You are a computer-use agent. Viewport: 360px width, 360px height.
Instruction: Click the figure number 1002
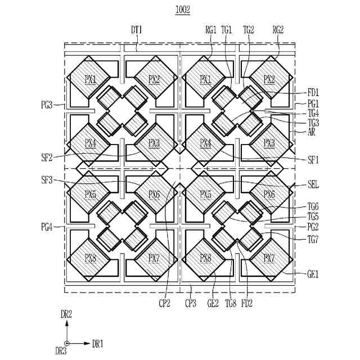182,10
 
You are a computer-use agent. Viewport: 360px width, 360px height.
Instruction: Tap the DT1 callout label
137,29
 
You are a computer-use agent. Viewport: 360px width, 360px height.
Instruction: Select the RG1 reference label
211,29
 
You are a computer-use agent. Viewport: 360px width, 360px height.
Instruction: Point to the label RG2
278,29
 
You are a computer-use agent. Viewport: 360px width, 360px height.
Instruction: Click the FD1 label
313,92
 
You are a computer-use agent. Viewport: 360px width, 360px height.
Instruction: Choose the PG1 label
313,104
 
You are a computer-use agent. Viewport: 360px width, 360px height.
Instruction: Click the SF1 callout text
313,160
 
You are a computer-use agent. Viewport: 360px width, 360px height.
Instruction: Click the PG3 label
47,104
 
